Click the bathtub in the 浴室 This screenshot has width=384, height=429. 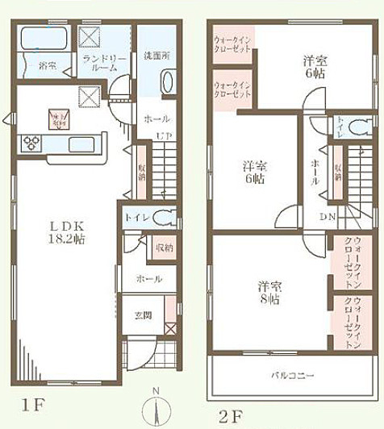45,39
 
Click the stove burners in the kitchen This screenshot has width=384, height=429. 31,144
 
